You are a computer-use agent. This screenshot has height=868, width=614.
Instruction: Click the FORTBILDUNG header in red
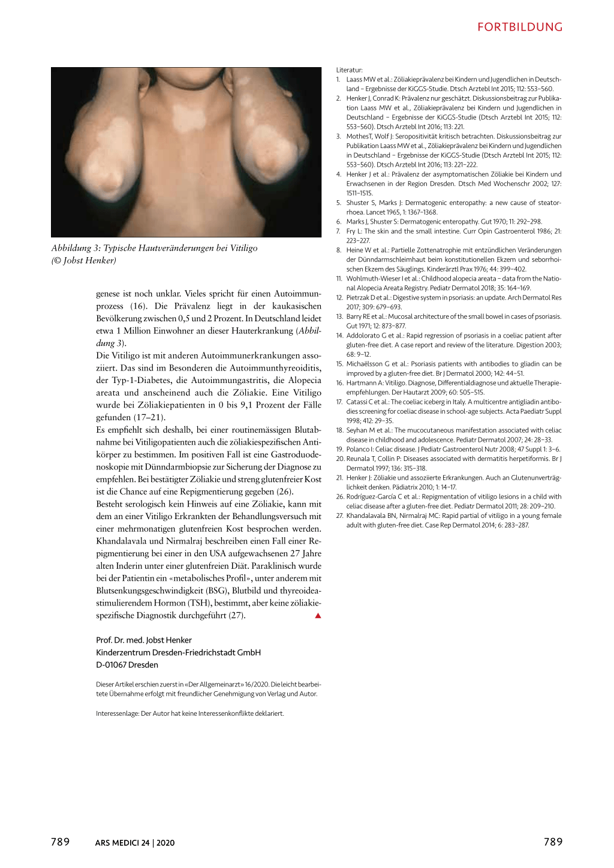point(520,27)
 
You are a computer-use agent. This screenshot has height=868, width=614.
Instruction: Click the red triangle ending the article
point(318,616)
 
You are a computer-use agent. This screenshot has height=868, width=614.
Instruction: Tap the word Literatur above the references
point(349,70)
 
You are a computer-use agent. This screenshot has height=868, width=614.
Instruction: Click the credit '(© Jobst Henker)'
point(84,260)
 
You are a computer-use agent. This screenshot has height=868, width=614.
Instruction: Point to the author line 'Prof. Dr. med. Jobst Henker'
point(144,640)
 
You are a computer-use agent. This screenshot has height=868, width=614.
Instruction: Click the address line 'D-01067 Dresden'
point(127,665)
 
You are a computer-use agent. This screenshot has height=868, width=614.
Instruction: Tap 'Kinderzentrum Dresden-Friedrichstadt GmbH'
point(178,652)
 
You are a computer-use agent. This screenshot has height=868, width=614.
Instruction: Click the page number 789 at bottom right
point(553,842)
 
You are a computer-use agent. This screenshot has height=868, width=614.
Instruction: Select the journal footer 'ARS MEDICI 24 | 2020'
point(135,843)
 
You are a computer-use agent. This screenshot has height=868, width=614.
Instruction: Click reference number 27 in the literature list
point(339,516)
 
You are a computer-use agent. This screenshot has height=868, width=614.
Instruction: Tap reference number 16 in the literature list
point(339,383)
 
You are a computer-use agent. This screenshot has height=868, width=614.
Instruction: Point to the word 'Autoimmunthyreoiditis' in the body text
point(275,368)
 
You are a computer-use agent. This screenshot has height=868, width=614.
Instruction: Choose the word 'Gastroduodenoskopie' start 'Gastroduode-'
point(296,454)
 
